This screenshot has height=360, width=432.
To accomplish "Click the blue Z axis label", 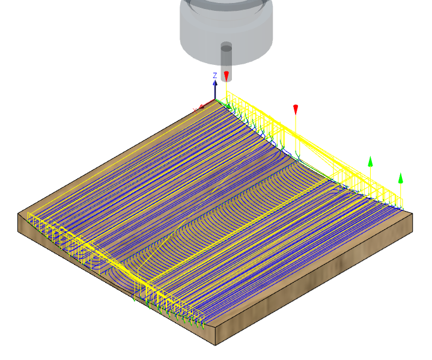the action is (215, 75).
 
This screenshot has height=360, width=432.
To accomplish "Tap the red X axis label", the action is (195, 111).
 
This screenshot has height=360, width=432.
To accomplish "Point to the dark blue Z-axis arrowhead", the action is (215, 83).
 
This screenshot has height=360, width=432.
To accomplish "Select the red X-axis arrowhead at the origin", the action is (201, 106).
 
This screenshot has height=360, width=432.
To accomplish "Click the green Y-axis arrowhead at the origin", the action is (228, 106).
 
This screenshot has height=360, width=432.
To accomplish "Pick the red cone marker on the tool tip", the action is (226, 76).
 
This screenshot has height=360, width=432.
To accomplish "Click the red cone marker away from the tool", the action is (296, 109).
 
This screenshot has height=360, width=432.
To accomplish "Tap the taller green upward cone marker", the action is (370, 162).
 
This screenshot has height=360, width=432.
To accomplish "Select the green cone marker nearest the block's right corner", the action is (401, 178).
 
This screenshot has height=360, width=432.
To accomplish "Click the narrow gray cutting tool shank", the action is (226, 62).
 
